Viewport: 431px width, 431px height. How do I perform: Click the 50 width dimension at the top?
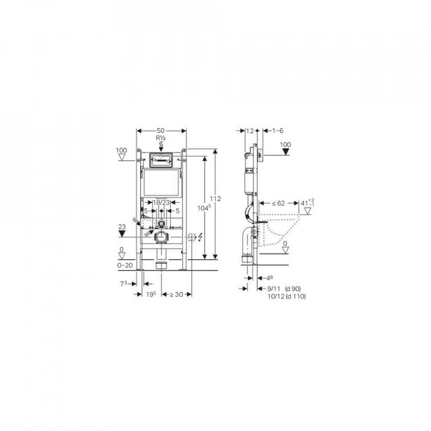click(x=161, y=131)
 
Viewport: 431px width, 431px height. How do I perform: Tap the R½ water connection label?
click(x=161, y=138)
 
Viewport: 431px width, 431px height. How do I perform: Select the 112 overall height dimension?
click(x=215, y=198)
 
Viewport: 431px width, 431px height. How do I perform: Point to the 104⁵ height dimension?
click(x=204, y=208)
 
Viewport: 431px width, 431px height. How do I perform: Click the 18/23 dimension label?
click(x=161, y=202)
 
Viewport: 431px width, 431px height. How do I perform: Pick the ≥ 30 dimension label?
click(x=176, y=295)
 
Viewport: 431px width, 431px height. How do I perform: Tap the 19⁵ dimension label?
click(x=151, y=295)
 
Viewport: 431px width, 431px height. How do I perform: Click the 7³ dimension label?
click(x=123, y=284)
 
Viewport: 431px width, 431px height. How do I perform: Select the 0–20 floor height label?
click(x=125, y=265)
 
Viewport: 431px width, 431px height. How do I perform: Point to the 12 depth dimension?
click(x=250, y=131)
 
